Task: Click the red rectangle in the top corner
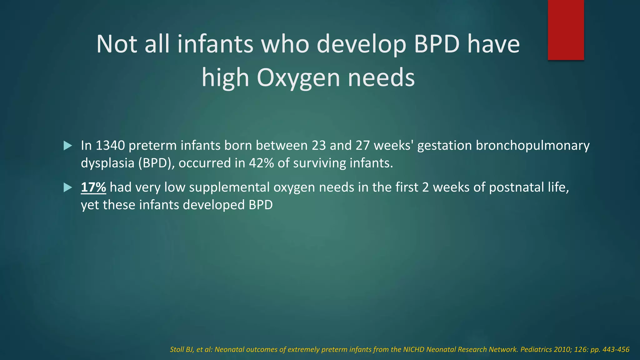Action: pyautogui.click(x=566, y=30)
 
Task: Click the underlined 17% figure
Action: pyautogui.click(x=93, y=187)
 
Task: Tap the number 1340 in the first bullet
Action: pyautogui.click(x=110, y=146)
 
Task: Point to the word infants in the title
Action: pyautogui.click(x=215, y=44)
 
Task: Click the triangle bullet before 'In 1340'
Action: pyautogui.click(x=67, y=146)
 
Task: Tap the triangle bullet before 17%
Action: pyautogui.click(x=67, y=187)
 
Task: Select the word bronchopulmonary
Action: pyautogui.click(x=532, y=146)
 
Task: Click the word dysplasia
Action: pyautogui.click(x=107, y=163)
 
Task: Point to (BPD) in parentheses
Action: pyautogui.click(x=156, y=163)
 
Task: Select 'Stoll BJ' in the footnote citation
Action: pyautogui.click(x=181, y=350)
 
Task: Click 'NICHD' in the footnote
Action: pyautogui.click(x=413, y=350)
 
